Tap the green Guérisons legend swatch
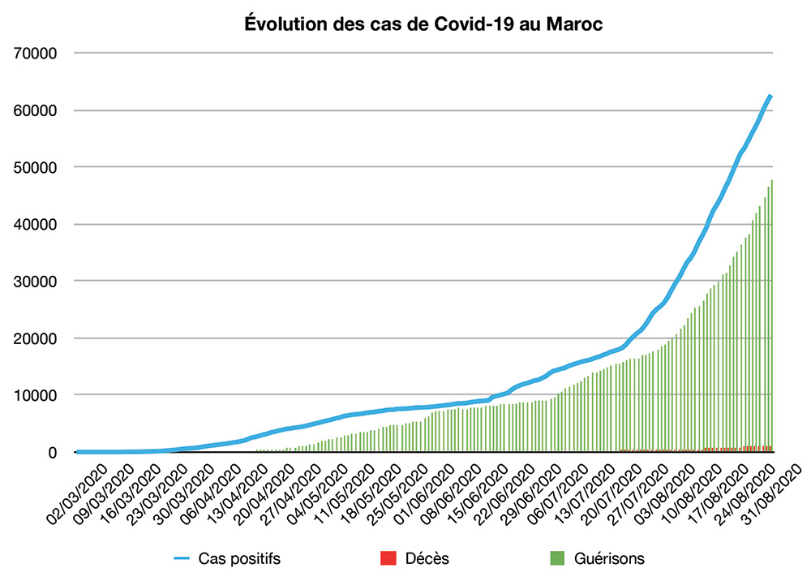557,558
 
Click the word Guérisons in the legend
610,558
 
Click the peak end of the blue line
770,97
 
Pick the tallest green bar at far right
771,316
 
